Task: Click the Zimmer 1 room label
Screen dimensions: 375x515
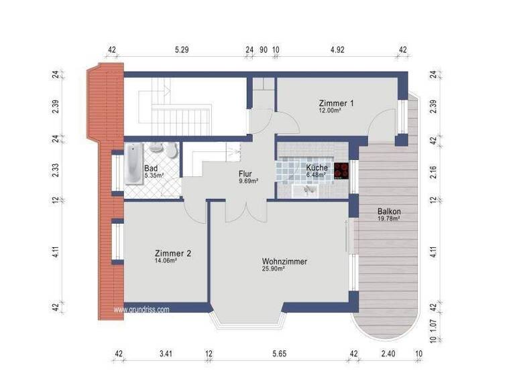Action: (x=336, y=103)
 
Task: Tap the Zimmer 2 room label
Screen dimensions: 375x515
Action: (x=173, y=253)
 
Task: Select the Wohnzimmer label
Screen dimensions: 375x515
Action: (x=284, y=261)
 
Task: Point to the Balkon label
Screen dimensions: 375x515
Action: (x=389, y=211)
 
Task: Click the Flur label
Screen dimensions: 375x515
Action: (x=246, y=173)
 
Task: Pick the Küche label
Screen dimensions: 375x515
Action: (x=317, y=167)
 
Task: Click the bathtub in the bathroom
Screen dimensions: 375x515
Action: (x=133, y=164)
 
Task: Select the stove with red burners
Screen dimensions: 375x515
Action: (x=342, y=169)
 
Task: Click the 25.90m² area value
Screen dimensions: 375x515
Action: (x=274, y=269)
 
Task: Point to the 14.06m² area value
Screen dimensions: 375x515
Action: (x=166, y=261)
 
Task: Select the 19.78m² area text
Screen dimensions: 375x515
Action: (x=389, y=219)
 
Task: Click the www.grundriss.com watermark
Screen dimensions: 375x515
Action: (x=141, y=309)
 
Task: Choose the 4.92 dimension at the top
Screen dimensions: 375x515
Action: (x=336, y=50)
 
